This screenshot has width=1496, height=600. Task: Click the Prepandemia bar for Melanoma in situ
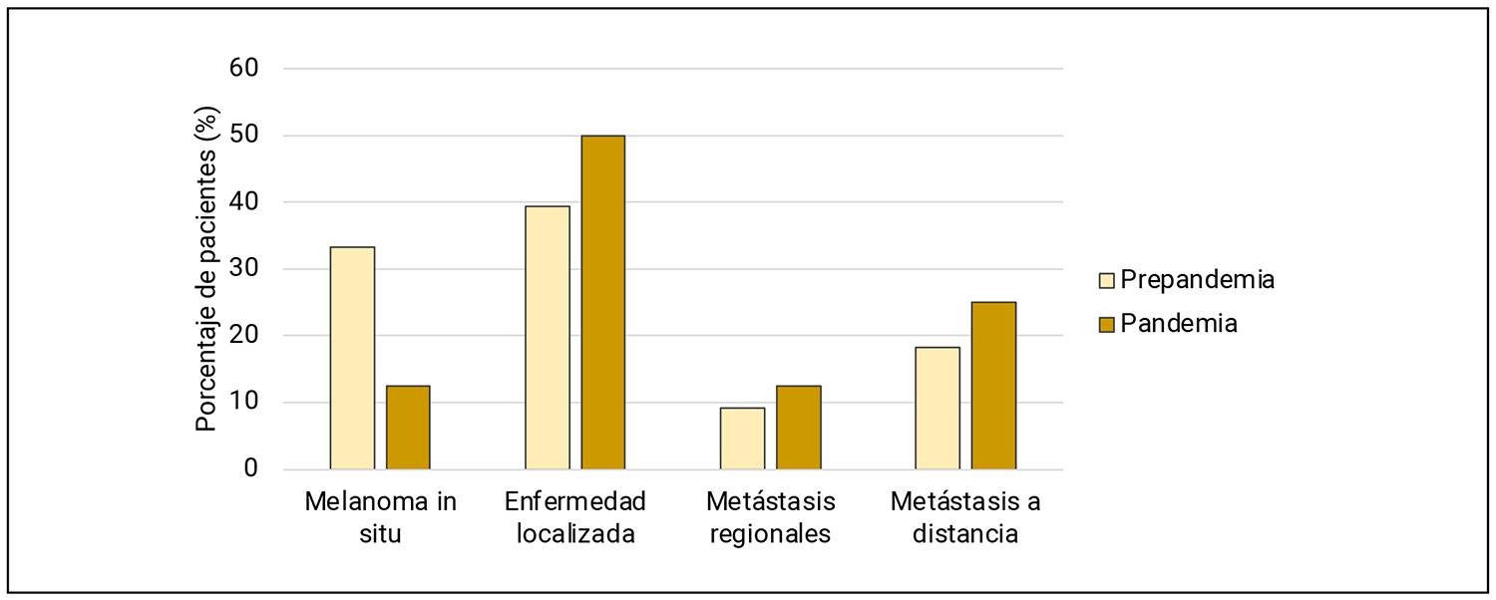point(352,358)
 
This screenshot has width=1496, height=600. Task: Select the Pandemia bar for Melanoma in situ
point(408,428)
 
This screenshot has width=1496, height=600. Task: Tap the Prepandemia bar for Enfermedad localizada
point(548,338)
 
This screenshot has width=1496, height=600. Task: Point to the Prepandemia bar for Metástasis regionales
point(743,439)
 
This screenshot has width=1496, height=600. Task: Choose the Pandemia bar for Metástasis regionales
point(799,428)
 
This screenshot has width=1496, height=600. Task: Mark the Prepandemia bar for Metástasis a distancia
point(938,408)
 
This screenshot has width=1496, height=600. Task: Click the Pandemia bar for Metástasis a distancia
point(994,386)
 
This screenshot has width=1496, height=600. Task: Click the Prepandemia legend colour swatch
point(1107,280)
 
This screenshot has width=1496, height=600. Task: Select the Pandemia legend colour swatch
point(1107,324)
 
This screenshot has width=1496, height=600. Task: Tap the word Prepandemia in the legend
point(1197,279)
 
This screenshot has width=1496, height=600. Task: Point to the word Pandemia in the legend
point(1179,323)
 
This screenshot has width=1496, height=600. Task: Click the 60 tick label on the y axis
point(244,69)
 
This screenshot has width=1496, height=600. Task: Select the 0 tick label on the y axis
point(251,469)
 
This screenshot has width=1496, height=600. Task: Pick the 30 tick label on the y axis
point(244,269)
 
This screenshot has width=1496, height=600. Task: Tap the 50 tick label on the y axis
point(244,136)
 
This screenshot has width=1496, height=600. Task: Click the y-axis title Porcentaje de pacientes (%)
point(205,269)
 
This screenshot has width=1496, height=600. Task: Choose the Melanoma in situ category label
point(380,517)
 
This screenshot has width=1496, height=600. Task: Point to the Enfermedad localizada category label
point(575,517)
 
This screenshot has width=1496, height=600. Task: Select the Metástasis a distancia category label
point(965,517)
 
